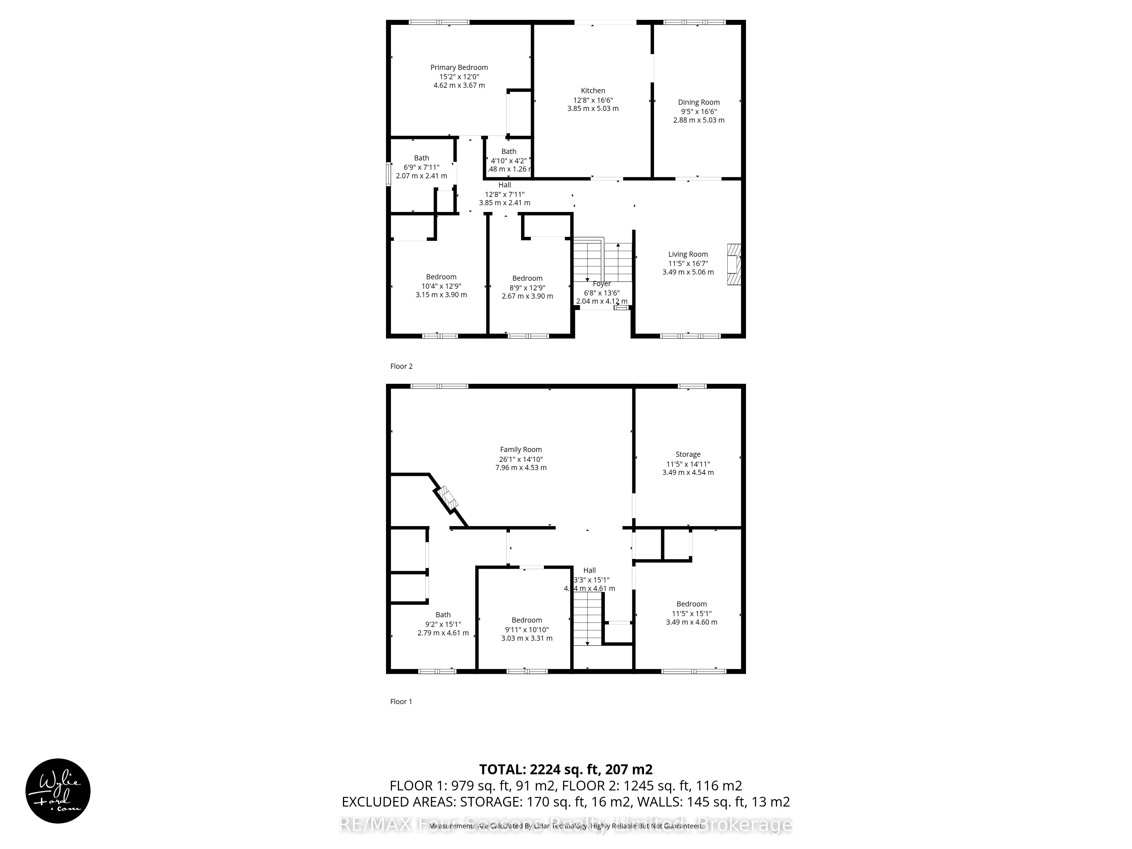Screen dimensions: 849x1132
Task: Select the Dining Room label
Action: pyautogui.click(x=698, y=102)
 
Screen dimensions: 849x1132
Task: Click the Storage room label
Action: pyautogui.click(x=688, y=454)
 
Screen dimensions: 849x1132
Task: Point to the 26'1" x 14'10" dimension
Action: pyautogui.click(x=521, y=459)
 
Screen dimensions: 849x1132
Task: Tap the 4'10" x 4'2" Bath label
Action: pyautogui.click(x=509, y=151)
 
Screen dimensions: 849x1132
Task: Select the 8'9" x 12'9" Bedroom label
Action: pyautogui.click(x=527, y=278)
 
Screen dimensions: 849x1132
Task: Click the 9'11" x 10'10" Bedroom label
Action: pyautogui.click(x=527, y=620)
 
